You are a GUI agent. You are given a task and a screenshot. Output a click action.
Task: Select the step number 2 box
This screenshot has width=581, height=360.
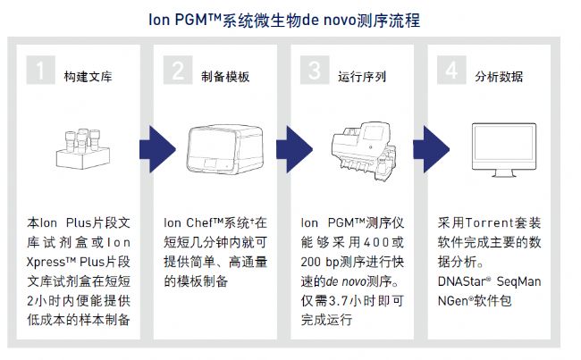[x=178, y=71]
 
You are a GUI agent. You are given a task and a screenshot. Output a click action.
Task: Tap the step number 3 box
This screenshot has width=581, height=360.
[x=315, y=71]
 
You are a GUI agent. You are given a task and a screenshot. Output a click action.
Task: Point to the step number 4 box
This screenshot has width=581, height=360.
[x=452, y=71]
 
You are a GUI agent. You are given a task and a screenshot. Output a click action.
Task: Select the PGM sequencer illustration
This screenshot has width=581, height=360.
[x=359, y=147]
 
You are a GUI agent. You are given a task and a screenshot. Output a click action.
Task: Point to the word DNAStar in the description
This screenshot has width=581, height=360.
[x=464, y=281]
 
